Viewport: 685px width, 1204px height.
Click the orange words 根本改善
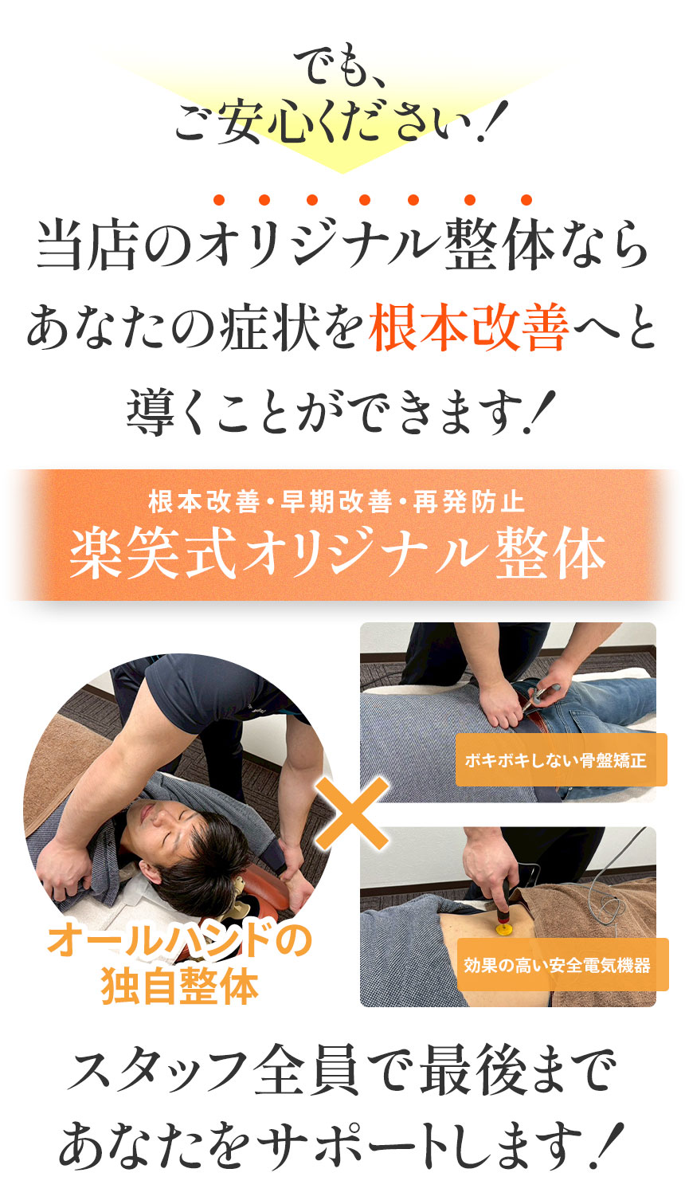pos(468,331)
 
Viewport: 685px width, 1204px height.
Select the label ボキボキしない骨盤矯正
pos(555,760)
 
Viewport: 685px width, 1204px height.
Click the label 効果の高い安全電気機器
pos(558,965)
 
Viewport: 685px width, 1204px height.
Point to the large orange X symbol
pos(352,813)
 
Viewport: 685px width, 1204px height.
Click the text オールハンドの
pos(179,943)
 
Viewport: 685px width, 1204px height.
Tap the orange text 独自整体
pos(180,986)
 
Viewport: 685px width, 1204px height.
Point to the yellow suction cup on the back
pos(504,927)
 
